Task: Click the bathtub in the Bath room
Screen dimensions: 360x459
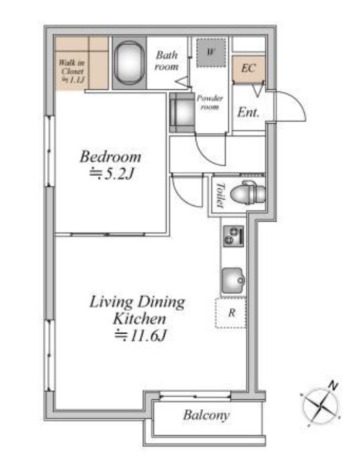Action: pyautogui.click(x=129, y=62)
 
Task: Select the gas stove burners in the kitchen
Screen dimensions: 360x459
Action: pyautogui.click(x=234, y=236)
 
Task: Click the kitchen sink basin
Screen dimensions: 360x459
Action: pyautogui.click(x=233, y=280)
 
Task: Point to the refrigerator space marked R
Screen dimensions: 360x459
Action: pyautogui.click(x=231, y=313)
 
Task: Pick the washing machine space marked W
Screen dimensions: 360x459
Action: pyautogui.click(x=211, y=52)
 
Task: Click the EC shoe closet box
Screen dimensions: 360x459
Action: pyautogui.click(x=249, y=68)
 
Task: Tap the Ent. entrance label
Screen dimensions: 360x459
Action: pyautogui.click(x=248, y=113)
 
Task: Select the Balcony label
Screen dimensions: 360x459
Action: pyautogui.click(x=206, y=415)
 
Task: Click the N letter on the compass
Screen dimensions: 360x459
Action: pyautogui.click(x=332, y=386)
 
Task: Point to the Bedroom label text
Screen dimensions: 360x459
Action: pyautogui.click(x=110, y=156)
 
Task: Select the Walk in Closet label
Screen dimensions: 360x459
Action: pyautogui.click(x=72, y=71)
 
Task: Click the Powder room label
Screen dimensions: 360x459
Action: pyautogui.click(x=210, y=102)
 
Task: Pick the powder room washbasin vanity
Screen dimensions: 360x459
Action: pyautogui.click(x=182, y=113)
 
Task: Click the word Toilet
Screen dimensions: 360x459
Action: pyautogui.click(x=220, y=195)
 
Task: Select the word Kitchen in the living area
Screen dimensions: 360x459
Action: pyautogui.click(x=140, y=319)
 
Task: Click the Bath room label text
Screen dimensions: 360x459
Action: pyautogui.click(x=167, y=60)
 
